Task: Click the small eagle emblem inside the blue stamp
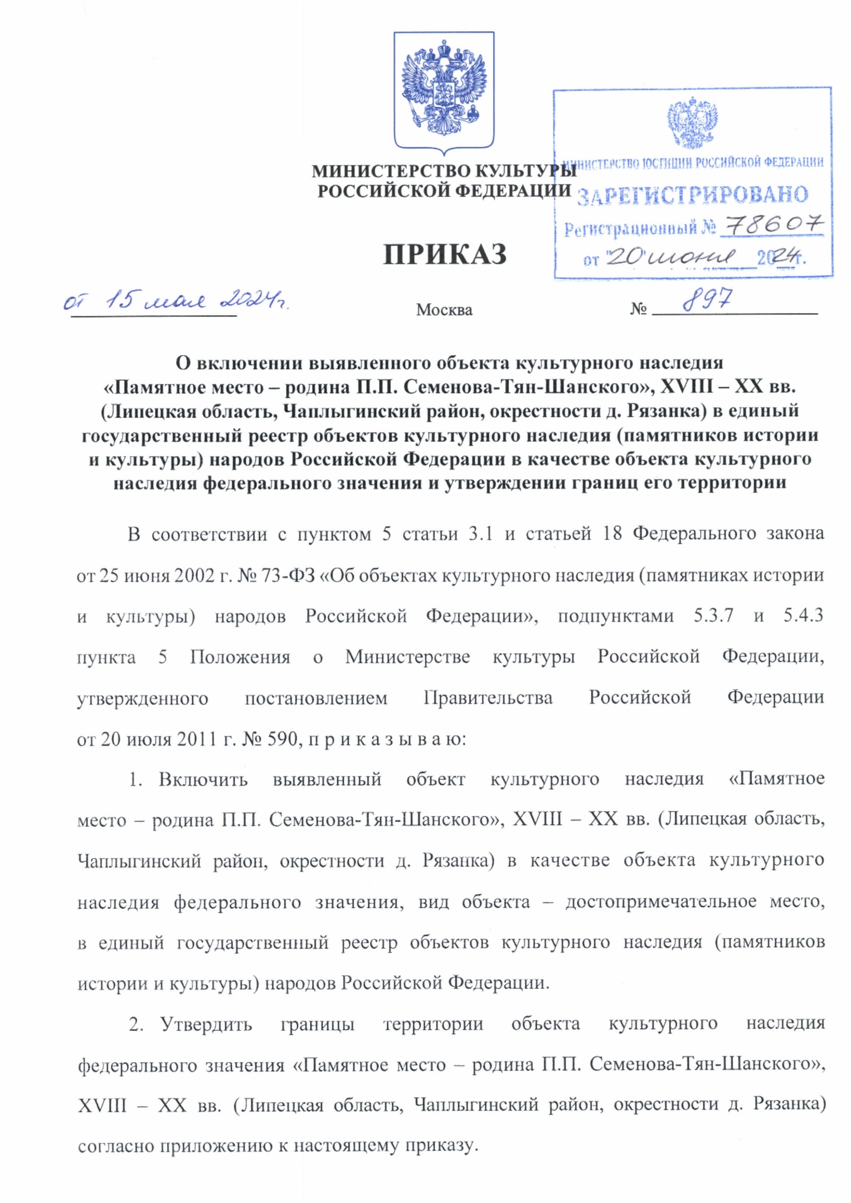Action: pyautogui.click(x=692, y=123)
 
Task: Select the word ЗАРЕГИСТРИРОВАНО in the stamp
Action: pyautogui.click(x=692, y=195)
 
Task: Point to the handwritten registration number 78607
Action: pyautogui.click(x=772, y=226)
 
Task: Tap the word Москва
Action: pyautogui.click(x=444, y=310)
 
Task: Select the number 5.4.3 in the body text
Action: pyautogui.click(x=803, y=616)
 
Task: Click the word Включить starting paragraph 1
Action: pyautogui.click(x=203, y=780)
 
